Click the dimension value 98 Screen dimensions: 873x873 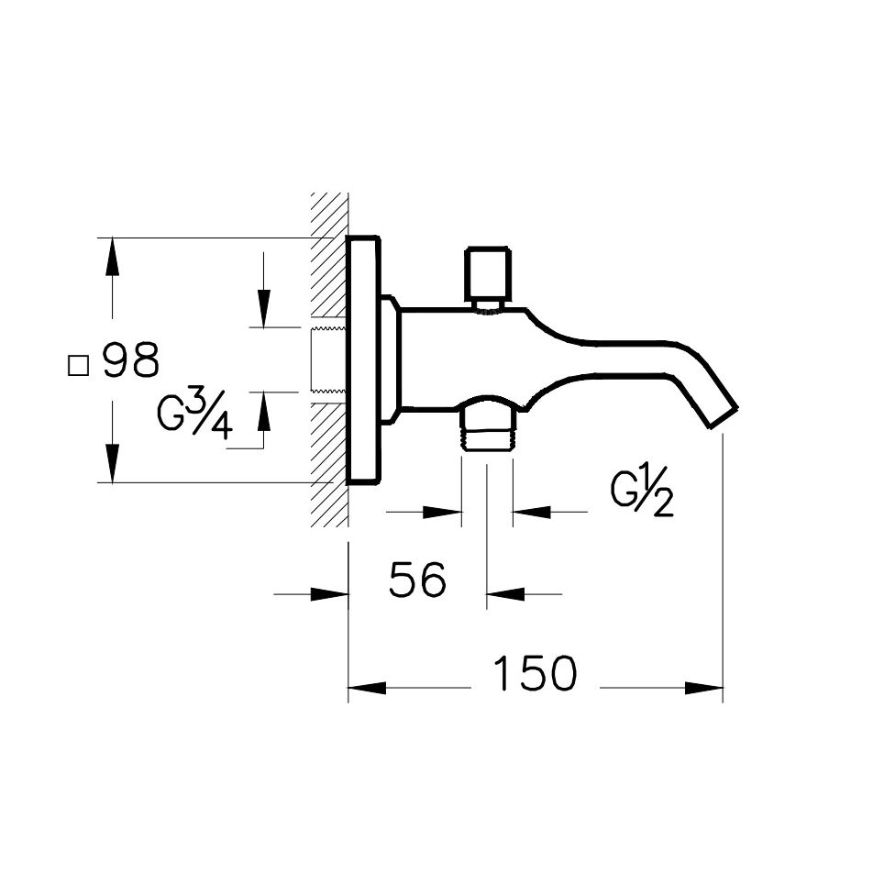[x=130, y=361]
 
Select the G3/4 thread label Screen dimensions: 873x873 [x=195, y=413]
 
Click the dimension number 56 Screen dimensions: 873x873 [x=417, y=580]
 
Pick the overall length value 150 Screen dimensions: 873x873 [x=536, y=674]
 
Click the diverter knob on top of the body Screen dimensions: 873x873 [x=486, y=273]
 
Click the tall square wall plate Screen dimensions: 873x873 [x=363, y=360]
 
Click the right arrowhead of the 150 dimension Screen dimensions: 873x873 [x=707, y=688]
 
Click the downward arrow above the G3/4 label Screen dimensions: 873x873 [x=263, y=307]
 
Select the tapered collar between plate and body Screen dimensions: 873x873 [x=390, y=360]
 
